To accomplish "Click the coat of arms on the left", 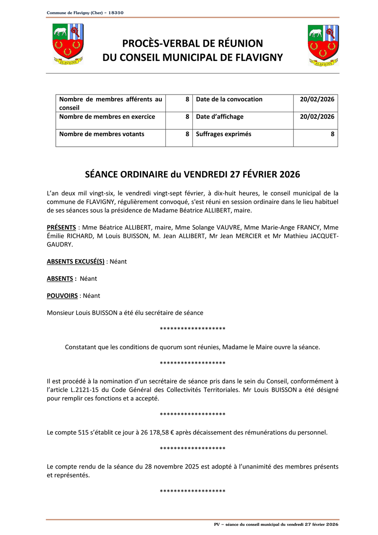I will pyautogui.click(x=68, y=44).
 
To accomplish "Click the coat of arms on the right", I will pyautogui.click(x=323, y=45).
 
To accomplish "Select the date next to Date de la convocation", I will pyautogui.click(x=317, y=99).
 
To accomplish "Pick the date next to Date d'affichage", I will pyautogui.click(x=317, y=116).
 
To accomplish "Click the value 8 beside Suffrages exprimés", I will pyautogui.click(x=332, y=134).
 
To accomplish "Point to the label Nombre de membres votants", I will pyautogui.click(x=102, y=134).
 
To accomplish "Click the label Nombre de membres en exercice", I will pyautogui.click(x=107, y=116).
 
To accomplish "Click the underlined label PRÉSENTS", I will pyautogui.click(x=61, y=227).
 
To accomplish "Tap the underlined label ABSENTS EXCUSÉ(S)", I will pyautogui.click(x=76, y=261).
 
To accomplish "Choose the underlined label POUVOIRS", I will pyautogui.click(x=62, y=295).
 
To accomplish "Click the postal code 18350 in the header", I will pyautogui.click(x=116, y=13).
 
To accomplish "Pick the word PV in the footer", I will pyautogui.click(x=217, y=524).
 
